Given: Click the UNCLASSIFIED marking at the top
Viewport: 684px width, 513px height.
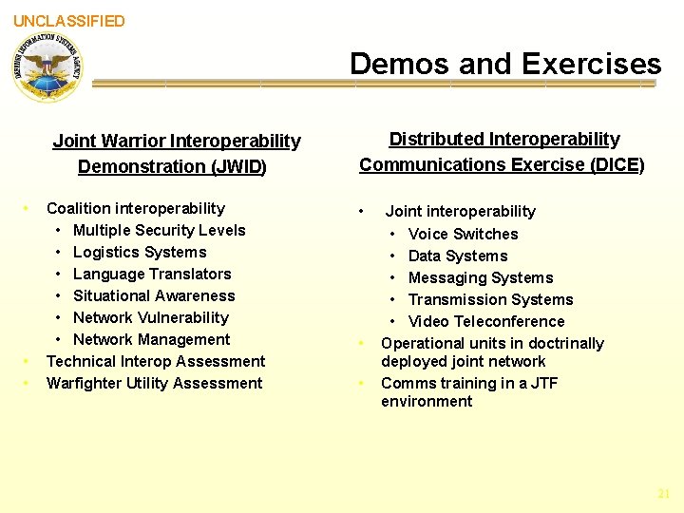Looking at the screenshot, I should [x=68, y=21].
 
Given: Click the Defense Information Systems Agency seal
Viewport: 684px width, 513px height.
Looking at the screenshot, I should [x=47, y=67].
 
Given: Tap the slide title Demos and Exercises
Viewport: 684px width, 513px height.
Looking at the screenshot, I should [x=504, y=64].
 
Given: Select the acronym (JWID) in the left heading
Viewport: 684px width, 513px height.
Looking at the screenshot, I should [x=238, y=167].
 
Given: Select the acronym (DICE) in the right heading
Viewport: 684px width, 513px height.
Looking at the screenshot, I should [x=617, y=164].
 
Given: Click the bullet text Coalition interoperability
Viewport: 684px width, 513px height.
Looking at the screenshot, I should [x=136, y=208].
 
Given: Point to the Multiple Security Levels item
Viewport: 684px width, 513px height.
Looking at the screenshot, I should [x=159, y=230].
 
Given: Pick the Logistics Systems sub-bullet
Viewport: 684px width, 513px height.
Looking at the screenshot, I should [x=140, y=252].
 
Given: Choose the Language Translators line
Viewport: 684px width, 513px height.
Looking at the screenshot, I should [x=152, y=274].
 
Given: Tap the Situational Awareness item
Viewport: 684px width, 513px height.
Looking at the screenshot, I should [x=154, y=295].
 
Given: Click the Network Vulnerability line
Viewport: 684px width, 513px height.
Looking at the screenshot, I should [x=151, y=317].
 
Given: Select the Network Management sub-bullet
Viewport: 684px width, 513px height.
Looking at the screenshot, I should [x=151, y=339].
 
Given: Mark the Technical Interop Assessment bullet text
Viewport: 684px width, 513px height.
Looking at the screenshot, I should [x=156, y=361].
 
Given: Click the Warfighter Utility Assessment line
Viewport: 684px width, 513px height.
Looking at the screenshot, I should [x=154, y=383].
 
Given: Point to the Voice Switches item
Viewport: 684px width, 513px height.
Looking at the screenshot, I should [x=463, y=234].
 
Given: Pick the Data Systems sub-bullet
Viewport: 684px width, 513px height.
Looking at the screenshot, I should [x=457, y=256].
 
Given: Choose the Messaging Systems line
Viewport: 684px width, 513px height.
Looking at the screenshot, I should [x=480, y=277].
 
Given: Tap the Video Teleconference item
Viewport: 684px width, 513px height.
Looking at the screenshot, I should [x=485, y=321].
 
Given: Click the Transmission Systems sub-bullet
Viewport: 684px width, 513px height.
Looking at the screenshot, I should [x=490, y=299].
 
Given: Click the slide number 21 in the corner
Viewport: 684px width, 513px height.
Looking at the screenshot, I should [x=663, y=494].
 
